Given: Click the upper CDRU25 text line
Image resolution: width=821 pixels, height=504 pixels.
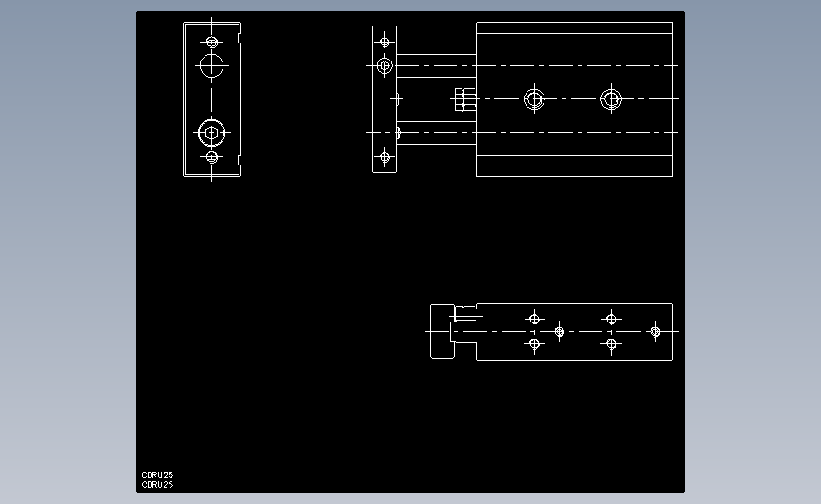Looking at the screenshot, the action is click(x=157, y=475).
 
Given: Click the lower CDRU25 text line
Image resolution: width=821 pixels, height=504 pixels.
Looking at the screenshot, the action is click(x=157, y=484).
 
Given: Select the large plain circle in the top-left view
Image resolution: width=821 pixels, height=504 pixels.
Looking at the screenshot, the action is click(x=211, y=65).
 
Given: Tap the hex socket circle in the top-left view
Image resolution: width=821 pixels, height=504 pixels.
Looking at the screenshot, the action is click(x=211, y=131).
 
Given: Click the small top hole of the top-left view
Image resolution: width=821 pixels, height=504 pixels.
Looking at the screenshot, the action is click(x=211, y=42).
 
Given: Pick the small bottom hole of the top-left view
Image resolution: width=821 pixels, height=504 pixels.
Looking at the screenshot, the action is click(x=211, y=157).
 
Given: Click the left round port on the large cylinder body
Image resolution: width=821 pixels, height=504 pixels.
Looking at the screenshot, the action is click(x=534, y=98).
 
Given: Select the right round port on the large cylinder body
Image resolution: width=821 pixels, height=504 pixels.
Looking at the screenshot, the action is click(x=611, y=98).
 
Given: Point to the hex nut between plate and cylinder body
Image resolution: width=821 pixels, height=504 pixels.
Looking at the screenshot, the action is click(x=464, y=98).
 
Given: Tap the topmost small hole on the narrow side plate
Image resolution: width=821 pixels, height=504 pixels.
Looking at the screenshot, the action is click(x=384, y=42).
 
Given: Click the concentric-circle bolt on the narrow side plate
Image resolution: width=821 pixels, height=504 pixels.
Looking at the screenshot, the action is click(x=384, y=65).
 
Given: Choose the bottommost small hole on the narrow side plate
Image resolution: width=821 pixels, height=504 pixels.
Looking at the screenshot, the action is click(x=384, y=157).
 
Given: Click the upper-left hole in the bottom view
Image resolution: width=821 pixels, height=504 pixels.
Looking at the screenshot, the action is click(x=534, y=318).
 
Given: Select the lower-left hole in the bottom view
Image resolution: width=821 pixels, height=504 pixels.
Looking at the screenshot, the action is click(x=534, y=345).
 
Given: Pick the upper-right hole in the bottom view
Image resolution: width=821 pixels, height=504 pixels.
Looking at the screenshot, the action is click(x=611, y=318).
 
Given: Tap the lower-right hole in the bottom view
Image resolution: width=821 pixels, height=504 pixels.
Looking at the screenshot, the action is click(x=611, y=345).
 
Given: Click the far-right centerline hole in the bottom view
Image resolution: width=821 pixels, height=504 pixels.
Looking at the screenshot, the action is click(x=655, y=332).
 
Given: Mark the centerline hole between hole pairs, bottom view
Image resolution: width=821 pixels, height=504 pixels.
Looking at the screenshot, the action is click(x=560, y=332).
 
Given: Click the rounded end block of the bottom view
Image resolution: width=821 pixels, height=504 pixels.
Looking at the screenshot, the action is click(x=441, y=332).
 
